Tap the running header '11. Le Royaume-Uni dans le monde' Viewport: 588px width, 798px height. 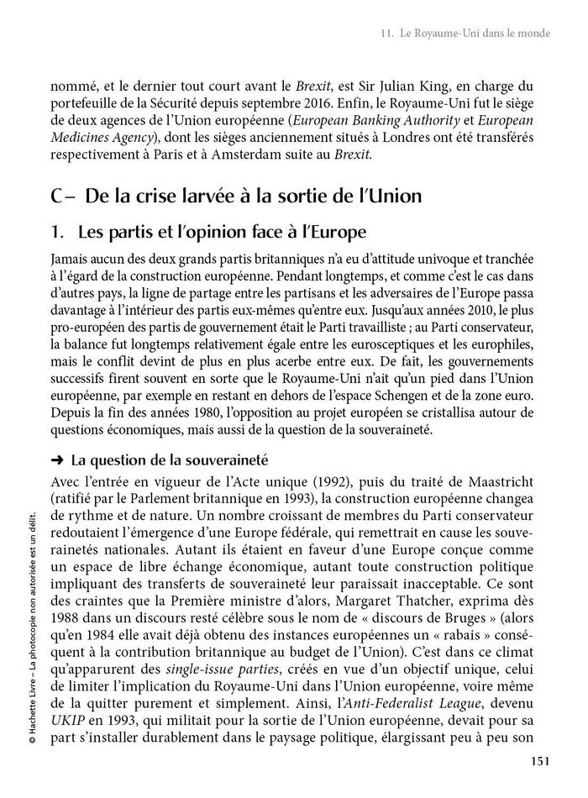465,34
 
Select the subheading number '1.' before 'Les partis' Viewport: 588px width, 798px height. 60,231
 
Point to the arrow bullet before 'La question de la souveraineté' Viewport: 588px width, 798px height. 57,459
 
